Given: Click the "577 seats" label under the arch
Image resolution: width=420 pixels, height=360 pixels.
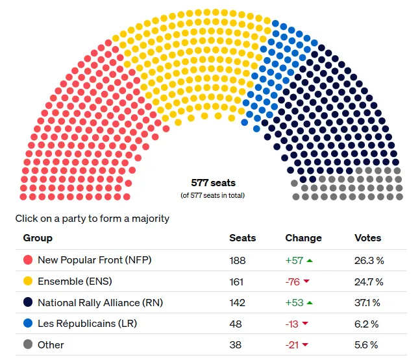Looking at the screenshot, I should (x=213, y=183).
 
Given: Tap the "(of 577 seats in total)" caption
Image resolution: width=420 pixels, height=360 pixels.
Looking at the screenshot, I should (x=213, y=195).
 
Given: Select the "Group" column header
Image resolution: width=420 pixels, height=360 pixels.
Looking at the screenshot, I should (x=38, y=238).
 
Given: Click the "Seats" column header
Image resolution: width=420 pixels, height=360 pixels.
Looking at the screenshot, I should (x=243, y=238).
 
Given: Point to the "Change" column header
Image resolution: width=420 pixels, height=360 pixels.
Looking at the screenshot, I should (x=303, y=238).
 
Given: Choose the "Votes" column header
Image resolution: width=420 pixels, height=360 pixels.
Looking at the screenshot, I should (x=368, y=238).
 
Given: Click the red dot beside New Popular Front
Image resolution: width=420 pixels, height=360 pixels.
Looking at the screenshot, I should (x=28, y=260).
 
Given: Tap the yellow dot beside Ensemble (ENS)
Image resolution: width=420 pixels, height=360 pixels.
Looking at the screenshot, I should (x=28, y=282).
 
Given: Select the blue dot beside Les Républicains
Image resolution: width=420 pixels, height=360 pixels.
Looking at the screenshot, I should (x=28, y=324).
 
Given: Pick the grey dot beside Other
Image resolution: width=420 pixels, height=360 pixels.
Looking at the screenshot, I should (x=28, y=345).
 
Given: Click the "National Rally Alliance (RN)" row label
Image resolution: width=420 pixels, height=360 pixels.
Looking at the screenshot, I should (x=100, y=302).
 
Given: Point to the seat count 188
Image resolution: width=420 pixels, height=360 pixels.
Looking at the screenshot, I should (x=238, y=260).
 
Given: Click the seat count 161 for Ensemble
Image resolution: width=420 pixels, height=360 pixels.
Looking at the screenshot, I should (x=237, y=282).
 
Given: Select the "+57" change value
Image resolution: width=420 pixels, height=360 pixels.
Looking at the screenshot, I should (x=294, y=260).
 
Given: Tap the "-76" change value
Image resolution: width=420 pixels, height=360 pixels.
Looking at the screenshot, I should (x=293, y=282).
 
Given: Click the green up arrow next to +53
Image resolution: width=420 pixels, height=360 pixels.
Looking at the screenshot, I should (x=310, y=303).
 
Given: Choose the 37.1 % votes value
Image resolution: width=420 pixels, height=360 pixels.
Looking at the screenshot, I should (x=369, y=302).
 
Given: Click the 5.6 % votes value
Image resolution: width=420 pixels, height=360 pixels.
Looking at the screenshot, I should (x=367, y=345).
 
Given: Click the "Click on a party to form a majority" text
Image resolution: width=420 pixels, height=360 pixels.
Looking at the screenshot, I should (x=92, y=219).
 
